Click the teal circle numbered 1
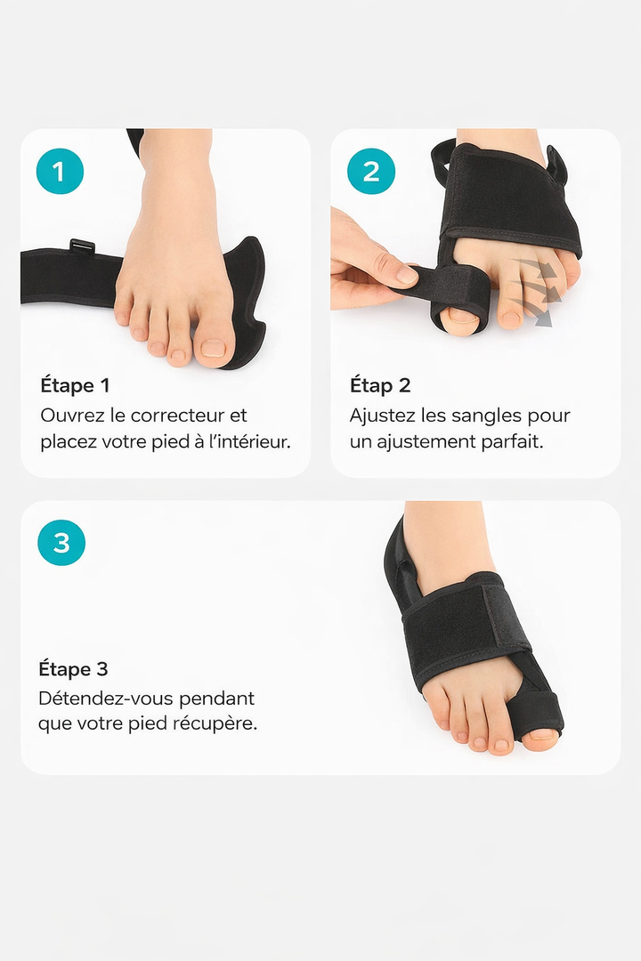60,171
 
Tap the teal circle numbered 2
371,171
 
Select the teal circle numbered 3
61,542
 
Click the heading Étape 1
75,385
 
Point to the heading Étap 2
380,385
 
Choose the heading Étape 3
73,668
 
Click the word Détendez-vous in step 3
100,698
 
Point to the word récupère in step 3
214,723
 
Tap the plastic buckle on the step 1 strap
83,246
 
